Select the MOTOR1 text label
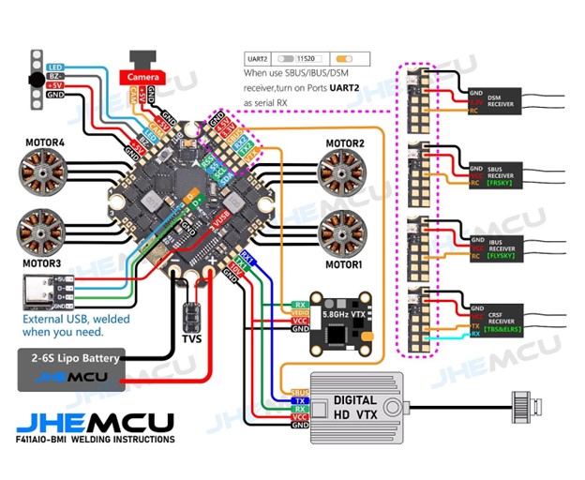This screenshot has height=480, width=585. point(344,264)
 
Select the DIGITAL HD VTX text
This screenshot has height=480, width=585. point(357,406)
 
